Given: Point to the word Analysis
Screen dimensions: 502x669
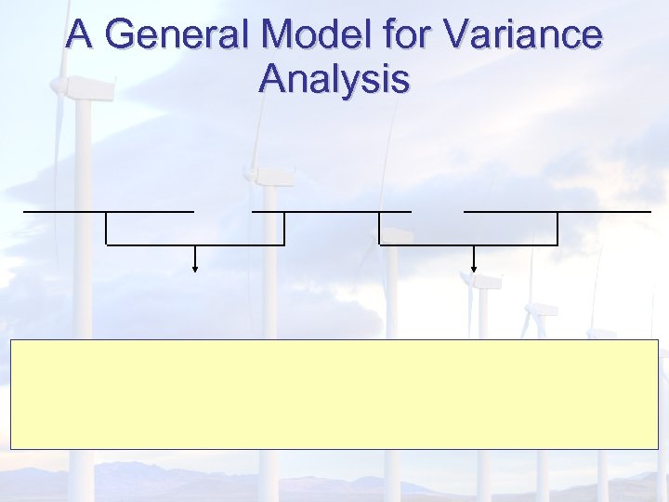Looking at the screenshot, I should [x=334, y=78].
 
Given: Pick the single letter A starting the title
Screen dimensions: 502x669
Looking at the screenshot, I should [x=80, y=35].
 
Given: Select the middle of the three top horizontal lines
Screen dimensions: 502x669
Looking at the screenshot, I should [x=331, y=212].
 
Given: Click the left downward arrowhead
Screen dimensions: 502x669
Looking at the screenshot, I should [x=195, y=269].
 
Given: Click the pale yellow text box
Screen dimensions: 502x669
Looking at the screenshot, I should [x=334, y=394].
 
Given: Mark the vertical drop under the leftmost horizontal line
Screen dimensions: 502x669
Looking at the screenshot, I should [x=107, y=229].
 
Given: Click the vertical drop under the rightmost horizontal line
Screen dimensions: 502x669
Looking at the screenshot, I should [x=557, y=229].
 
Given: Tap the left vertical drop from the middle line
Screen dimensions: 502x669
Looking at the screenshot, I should [x=283, y=229].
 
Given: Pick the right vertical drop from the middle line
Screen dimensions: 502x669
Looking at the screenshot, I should [x=379, y=229].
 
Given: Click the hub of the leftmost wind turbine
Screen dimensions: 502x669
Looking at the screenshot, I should [x=65, y=86].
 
